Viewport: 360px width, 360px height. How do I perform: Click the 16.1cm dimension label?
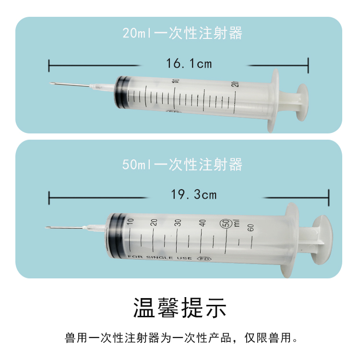(189, 63)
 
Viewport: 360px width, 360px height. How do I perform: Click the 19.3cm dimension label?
(194, 194)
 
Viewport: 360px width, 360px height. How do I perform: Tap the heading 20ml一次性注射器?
(182, 33)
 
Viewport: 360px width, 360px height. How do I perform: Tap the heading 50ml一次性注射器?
(182, 165)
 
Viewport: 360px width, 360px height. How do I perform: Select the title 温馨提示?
(180, 308)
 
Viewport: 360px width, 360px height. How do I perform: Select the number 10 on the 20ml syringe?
(176, 81)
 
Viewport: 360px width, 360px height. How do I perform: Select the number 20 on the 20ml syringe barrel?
(235, 84)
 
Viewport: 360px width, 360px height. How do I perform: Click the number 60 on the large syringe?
(250, 228)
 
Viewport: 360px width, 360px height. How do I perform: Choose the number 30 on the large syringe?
(178, 222)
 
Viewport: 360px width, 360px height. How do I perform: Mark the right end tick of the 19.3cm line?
(328, 197)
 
